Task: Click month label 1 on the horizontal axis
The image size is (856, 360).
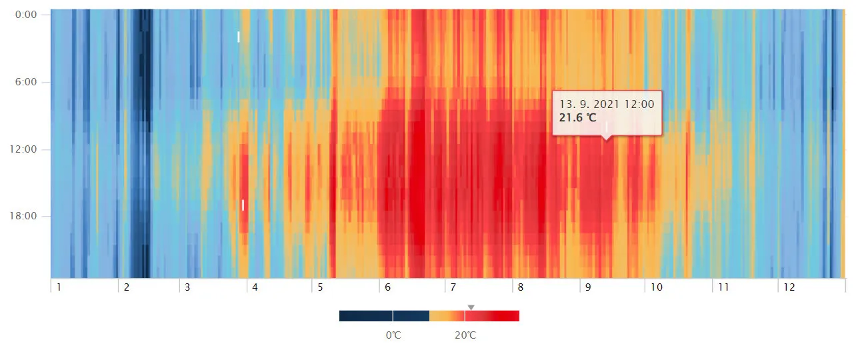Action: pyautogui.click(x=59, y=287)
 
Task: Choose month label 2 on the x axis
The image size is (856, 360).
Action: pyautogui.click(x=126, y=287)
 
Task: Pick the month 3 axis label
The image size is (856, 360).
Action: pyautogui.click(x=187, y=287)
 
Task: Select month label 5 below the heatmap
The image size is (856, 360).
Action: pyautogui.click(x=320, y=287)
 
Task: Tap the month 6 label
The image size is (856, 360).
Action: pyautogui.click(x=387, y=287)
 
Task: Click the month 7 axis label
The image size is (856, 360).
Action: pyautogui.click(x=453, y=287)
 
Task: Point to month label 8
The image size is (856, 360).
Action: pyautogui.click(x=520, y=287)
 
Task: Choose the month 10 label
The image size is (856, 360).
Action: pyautogui.click(x=657, y=287)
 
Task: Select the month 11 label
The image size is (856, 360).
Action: pyautogui.click(x=723, y=287)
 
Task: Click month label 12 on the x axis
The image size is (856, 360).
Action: pyautogui.click(x=789, y=287)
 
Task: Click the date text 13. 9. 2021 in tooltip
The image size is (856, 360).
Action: pyautogui.click(x=607, y=105)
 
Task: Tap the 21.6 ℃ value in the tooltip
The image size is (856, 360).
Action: pyautogui.click(x=579, y=118)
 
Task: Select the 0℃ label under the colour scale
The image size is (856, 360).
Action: pyautogui.click(x=393, y=335)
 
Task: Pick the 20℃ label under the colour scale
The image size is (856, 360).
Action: pyautogui.click(x=465, y=335)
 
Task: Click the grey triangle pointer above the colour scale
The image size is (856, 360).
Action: pyautogui.click(x=471, y=307)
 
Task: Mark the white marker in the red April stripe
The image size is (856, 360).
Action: pyautogui.click(x=243, y=205)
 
